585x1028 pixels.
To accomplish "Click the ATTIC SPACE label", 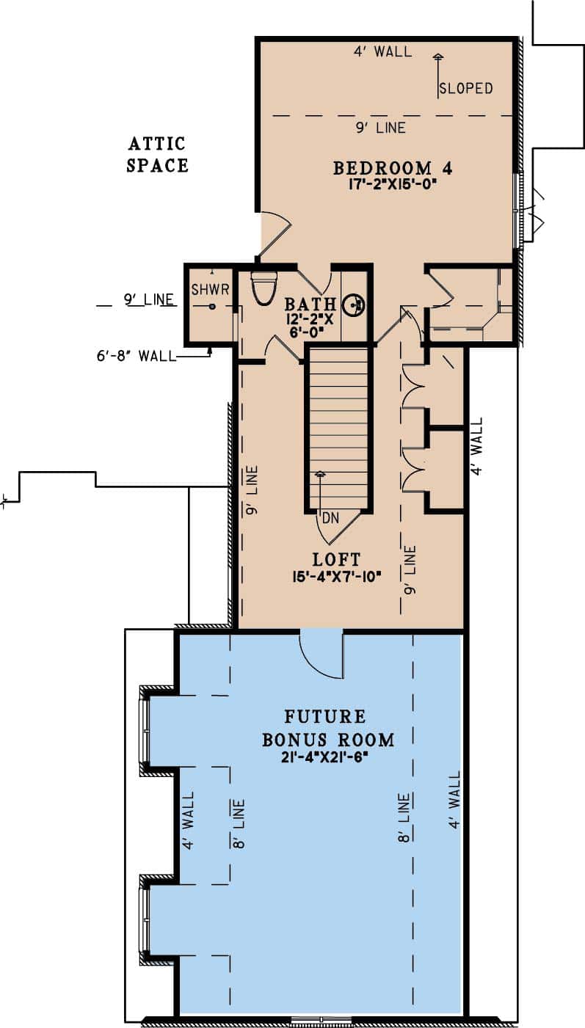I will point(157,154).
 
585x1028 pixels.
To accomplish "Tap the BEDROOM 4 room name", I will point(392,168).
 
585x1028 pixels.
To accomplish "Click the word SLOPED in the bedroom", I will point(465,89).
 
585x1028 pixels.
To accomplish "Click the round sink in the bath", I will point(354,304).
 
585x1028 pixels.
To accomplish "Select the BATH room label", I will point(310,304).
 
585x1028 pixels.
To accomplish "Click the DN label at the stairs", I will point(330,517).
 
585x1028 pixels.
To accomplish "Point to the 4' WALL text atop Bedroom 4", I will point(382,51).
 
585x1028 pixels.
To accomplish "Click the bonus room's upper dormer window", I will point(145,730).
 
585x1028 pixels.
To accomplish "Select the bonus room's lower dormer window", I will point(145,920).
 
